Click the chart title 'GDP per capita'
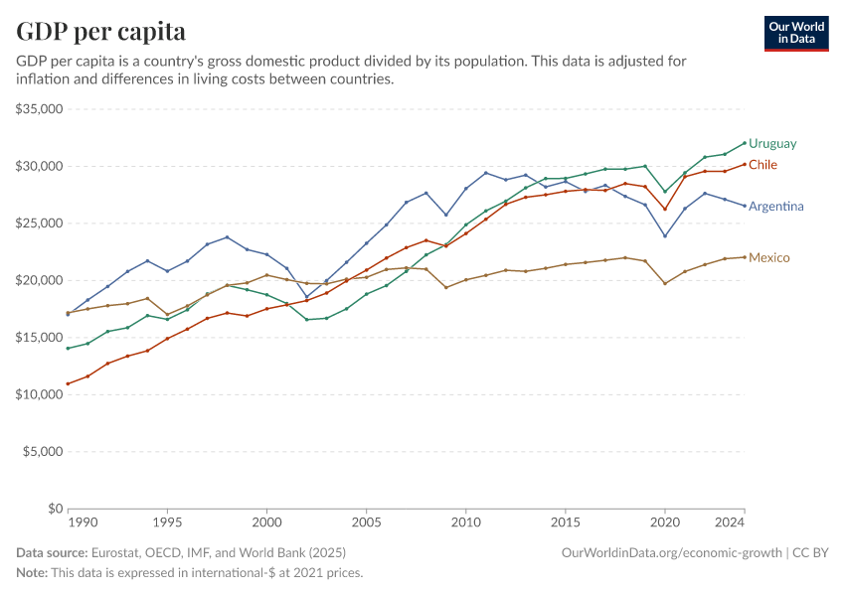click(100, 32)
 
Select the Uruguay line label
click(772, 143)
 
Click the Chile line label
click(762, 165)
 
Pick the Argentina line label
click(775, 207)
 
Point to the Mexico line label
click(768, 258)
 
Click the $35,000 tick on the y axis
click(40, 108)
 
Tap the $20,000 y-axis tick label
click(40, 280)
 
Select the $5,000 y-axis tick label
click(43, 451)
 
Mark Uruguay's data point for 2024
click(744, 142)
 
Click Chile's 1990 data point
click(68, 383)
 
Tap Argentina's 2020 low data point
click(664, 235)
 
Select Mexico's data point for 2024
click(744, 257)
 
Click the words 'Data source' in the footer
click(52, 552)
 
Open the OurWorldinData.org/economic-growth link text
click(673, 552)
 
